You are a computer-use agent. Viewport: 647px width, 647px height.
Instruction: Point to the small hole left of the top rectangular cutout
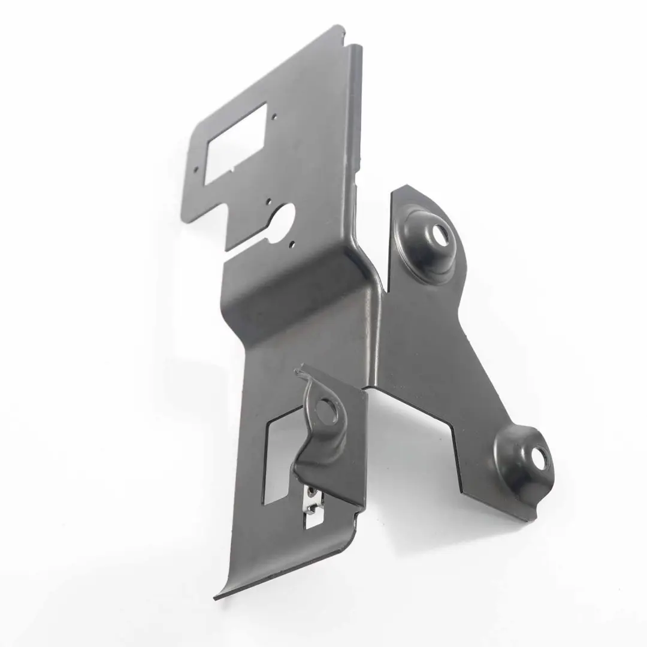195,169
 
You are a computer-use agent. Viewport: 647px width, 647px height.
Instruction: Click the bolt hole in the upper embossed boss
440,234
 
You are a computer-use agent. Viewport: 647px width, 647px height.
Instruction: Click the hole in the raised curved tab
326,411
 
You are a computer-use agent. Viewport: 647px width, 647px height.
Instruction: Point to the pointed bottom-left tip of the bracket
216,597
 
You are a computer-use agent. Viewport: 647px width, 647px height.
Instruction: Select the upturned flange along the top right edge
356,120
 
